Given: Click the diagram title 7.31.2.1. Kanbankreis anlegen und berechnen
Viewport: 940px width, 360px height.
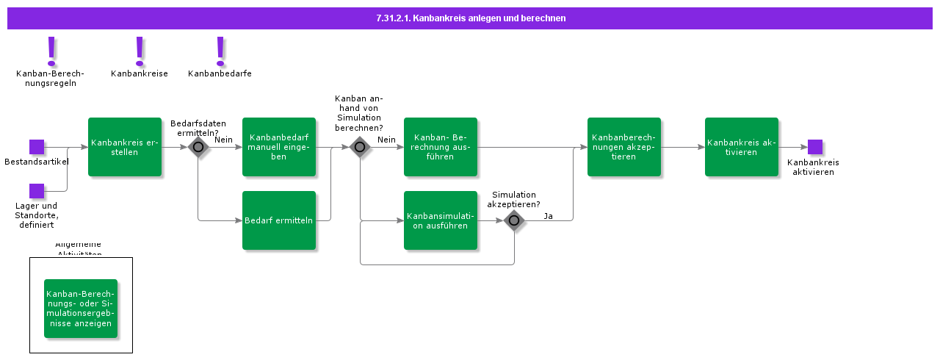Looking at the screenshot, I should (470, 18).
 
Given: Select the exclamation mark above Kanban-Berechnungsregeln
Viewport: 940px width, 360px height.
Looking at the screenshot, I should (51, 51).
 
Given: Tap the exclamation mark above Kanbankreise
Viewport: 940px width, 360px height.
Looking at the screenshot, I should (140, 51).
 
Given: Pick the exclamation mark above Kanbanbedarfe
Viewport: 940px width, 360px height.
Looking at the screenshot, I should (220, 51).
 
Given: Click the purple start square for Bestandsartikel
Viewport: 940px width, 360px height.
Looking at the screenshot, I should (37, 147).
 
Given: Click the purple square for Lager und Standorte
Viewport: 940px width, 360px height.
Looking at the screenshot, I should (37, 191).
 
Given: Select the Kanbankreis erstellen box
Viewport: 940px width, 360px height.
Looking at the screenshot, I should (125, 147).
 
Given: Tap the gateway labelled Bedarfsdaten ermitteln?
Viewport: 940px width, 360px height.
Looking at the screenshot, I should (198, 147).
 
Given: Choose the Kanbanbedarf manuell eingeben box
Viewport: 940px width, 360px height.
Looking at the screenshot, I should (279, 147).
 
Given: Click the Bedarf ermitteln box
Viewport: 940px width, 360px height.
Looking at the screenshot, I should (279, 220).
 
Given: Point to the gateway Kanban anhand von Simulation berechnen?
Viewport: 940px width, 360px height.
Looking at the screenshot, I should (360, 147).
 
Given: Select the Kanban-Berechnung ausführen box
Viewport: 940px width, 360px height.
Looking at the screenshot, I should (441, 147).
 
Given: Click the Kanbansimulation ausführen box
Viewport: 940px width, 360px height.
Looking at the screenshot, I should (441, 220).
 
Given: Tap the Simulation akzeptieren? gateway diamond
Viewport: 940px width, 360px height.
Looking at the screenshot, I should (514, 220).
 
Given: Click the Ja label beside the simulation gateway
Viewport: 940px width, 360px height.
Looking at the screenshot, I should (549, 216).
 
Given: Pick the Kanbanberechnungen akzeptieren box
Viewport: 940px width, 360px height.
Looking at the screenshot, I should (624, 147).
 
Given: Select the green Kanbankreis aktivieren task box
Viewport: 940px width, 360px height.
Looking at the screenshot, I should (742, 147).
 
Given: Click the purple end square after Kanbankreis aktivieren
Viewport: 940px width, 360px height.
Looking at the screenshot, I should (815, 147).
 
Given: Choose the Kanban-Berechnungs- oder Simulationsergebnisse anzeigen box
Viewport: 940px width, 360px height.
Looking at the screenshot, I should (81, 309).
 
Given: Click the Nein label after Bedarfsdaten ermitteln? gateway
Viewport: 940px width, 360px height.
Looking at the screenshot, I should (223, 140).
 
